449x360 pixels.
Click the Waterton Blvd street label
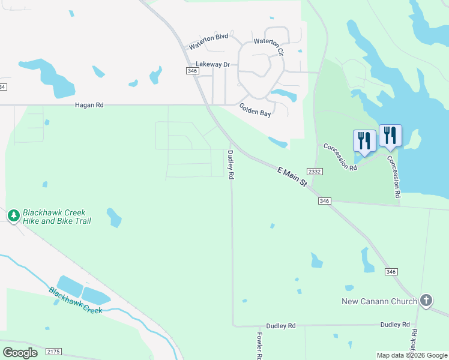[208, 41]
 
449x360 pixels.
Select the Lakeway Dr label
[213, 64]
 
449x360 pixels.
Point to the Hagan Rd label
[89, 105]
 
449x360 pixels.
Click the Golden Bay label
[256, 110]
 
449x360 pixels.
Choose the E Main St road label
[293, 176]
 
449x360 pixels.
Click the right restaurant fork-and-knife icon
[390, 136]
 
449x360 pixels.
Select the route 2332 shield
[315, 172]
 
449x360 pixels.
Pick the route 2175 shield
[53, 352]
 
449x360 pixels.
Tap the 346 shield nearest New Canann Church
[391, 272]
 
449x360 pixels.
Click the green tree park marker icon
[13, 215]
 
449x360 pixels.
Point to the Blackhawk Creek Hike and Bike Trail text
[57, 217]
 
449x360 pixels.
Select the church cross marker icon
[426, 300]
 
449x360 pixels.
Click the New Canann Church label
[379, 301]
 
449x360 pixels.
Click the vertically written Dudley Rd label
[230, 165]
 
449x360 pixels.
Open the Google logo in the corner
[20, 353]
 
